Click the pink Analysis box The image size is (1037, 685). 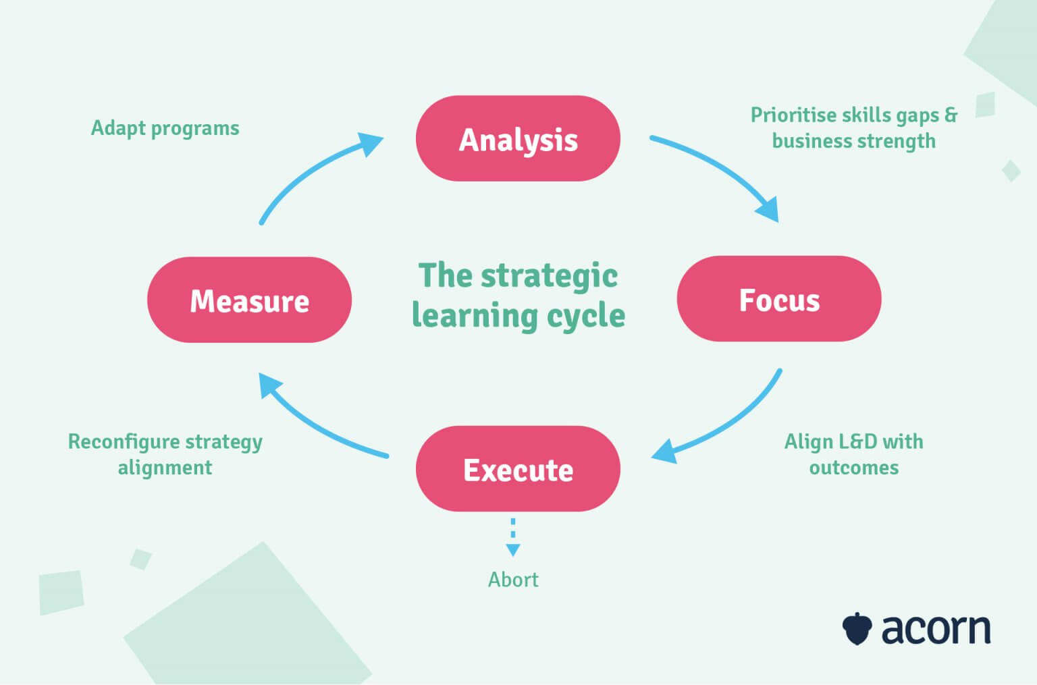(518, 139)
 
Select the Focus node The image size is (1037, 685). (779, 299)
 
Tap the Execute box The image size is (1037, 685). (518, 469)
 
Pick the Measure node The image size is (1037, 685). (249, 300)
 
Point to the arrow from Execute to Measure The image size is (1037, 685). (311, 424)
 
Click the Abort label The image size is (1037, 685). (513, 580)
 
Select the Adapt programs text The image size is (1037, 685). (165, 128)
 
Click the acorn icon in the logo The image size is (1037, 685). (857, 628)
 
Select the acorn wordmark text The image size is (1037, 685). (936, 629)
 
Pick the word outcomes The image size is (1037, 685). (854, 468)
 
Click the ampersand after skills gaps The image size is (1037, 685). (951, 115)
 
